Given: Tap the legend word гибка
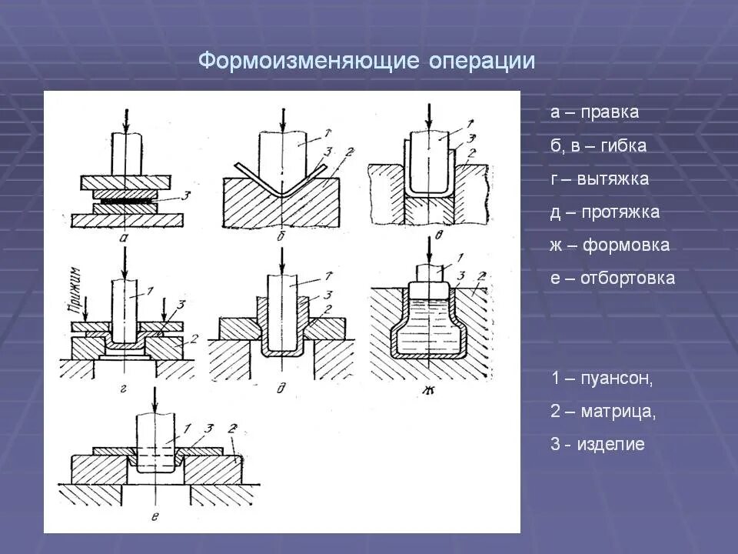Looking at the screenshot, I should tap(619, 145).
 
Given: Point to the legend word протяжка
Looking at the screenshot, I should tap(620, 212).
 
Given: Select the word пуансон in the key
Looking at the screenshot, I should tap(617, 379).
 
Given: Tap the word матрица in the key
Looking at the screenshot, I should tap(620, 412).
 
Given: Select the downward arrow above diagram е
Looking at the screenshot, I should tap(155, 399).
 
